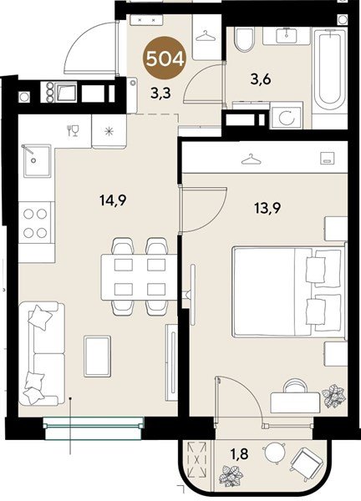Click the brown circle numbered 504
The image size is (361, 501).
(x=165, y=58)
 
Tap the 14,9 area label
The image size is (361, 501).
(x=113, y=200)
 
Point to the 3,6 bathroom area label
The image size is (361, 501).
(x=261, y=79)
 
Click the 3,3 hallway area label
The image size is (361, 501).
(x=160, y=94)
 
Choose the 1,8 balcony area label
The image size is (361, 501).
(x=240, y=453)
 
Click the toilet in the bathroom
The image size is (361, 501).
(x=245, y=39)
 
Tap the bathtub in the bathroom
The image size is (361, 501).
(x=330, y=71)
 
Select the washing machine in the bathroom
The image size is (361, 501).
(x=286, y=116)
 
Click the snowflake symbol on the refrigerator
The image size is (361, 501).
(x=109, y=131)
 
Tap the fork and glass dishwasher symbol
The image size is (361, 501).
(x=73, y=131)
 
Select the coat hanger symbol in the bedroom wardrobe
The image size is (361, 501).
(x=251, y=159)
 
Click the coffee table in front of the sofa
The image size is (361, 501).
(x=98, y=356)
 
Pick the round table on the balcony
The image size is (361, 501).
(x=274, y=452)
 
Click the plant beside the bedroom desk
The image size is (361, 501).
(x=333, y=397)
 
